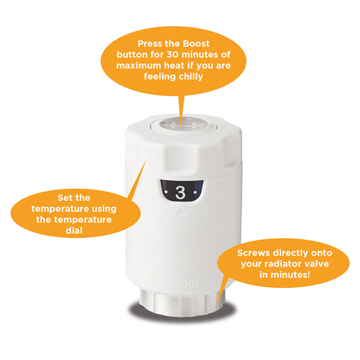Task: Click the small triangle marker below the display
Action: (x=180, y=213)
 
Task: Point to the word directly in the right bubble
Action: (x=296, y=254)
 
